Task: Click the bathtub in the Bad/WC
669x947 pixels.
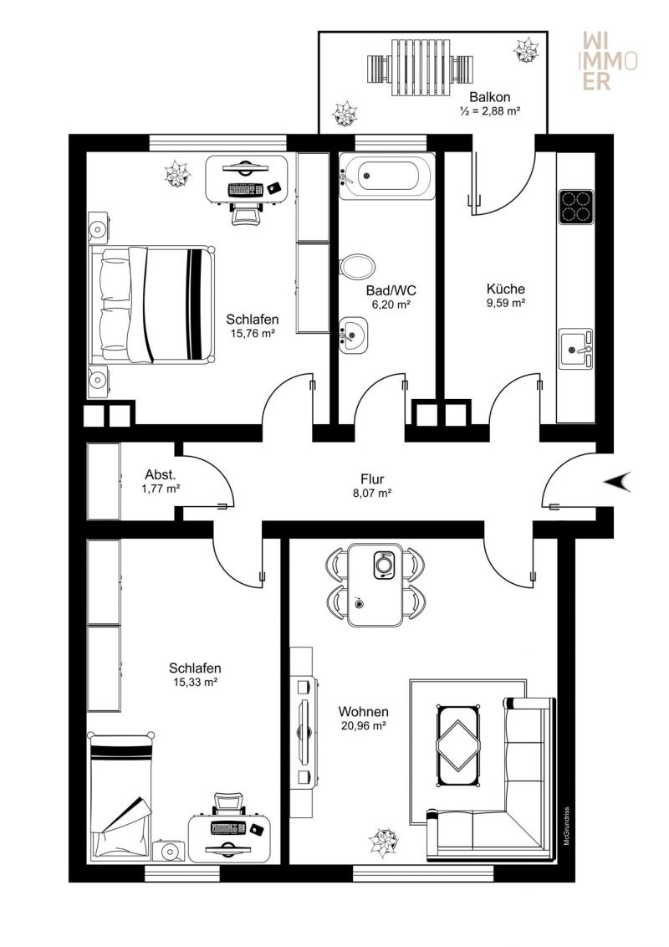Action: tap(387, 177)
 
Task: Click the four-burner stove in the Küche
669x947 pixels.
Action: tap(575, 205)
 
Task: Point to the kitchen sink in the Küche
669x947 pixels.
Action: tap(575, 349)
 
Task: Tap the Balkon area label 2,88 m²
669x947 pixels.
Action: tap(490, 110)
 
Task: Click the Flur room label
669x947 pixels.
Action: tap(371, 479)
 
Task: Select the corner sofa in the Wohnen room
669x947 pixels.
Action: tap(502, 803)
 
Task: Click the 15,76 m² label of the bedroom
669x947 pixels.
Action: tap(253, 332)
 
